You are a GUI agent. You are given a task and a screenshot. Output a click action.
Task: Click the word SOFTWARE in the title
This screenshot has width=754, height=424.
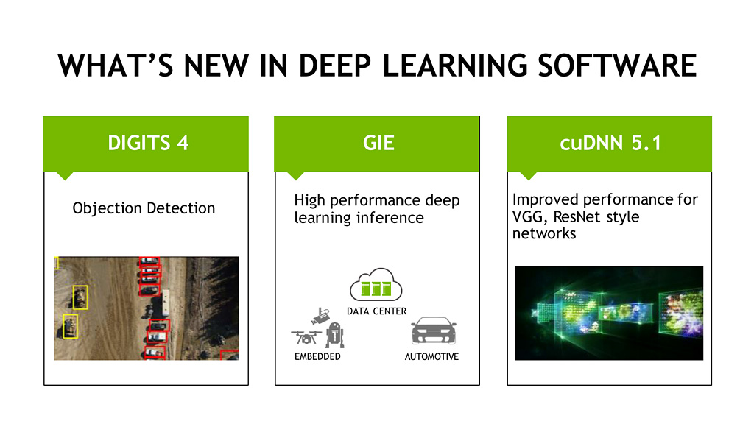pyautogui.click(x=617, y=66)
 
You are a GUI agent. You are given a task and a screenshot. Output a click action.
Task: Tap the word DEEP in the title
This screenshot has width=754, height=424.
pyautogui.click(x=335, y=66)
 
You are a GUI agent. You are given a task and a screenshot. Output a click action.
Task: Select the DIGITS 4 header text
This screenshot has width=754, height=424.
pyautogui.click(x=148, y=143)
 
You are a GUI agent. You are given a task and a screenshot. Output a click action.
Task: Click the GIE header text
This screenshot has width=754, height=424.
pyautogui.click(x=379, y=143)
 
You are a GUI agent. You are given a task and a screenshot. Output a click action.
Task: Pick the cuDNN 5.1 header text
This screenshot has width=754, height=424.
pyautogui.click(x=610, y=143)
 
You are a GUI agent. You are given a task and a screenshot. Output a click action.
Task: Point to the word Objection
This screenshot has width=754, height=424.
pyautogui.click(x=108, y=208)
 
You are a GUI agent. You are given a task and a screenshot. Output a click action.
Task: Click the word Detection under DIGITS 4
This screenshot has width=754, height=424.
pyautogui.click(x=181, y=208)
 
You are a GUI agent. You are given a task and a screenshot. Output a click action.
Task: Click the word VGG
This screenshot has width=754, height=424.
pyautogui.click(x=530, y=217)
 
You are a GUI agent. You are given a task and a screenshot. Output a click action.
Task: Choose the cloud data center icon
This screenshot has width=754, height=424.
pyautogui.click(x=376, y=285)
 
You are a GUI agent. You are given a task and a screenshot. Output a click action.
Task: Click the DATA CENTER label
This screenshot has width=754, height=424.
pyautogui.click(x=376, y=311)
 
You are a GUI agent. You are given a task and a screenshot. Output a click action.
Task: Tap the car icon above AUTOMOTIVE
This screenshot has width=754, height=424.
pyautogui.click(x=433, y=331)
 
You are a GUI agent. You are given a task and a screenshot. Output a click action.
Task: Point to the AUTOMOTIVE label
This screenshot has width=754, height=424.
pyautogui.click(x=431, y=357)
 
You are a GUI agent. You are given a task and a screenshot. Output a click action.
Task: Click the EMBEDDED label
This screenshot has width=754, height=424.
pyautogui.click(x=317, y=357)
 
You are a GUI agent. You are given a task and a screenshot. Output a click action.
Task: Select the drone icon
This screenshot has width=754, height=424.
pyautogui.click(x=306, y=337)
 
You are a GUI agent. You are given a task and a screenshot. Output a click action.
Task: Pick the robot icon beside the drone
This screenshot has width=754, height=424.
pyautogui.click(x=335, y=335)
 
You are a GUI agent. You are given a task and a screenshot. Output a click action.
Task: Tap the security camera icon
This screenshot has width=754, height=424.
pyautogui.click(x=321, y=316)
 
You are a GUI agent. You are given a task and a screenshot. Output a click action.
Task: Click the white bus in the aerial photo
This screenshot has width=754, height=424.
pyautogui.click(x=166, y=303)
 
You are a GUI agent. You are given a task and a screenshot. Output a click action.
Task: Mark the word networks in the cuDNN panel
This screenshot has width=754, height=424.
pyautogui.click(x=544, y=233)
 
